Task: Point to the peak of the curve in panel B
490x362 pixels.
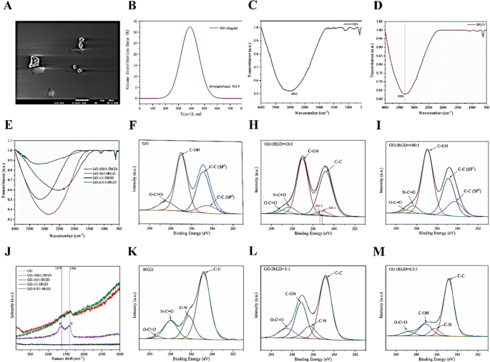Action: click(190, 28)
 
